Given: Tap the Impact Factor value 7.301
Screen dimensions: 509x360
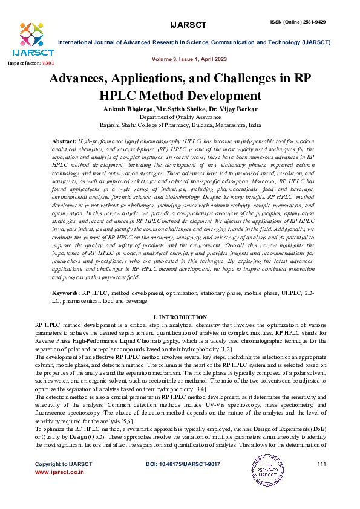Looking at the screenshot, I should coord(47,63).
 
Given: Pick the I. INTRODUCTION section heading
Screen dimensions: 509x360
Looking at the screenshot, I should coord(180,317).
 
